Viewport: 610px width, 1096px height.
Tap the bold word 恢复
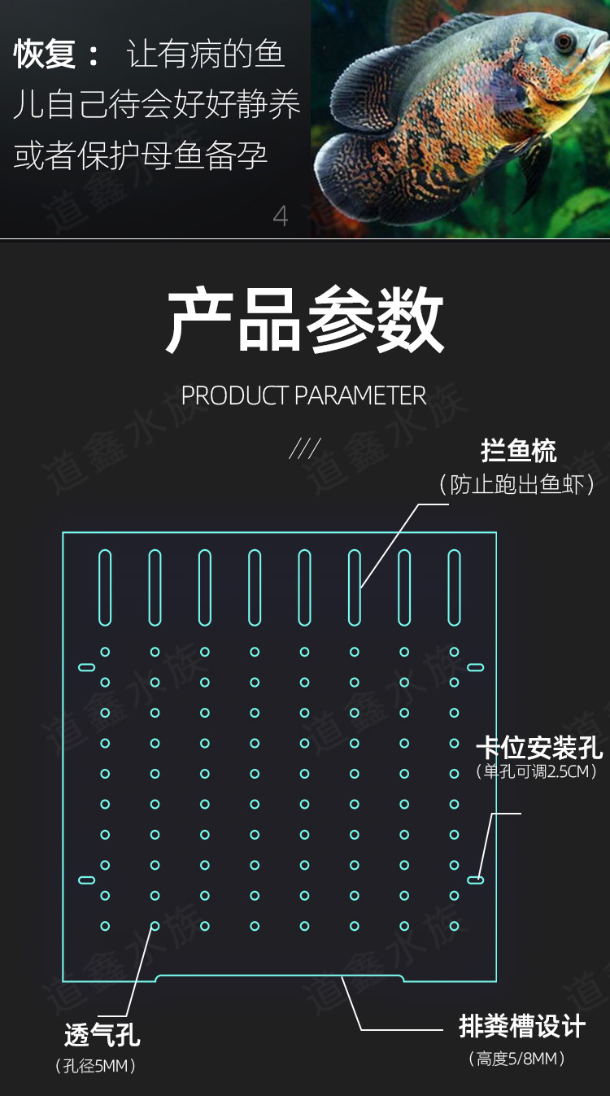(x=46, y=55)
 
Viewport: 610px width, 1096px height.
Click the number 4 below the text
(x=281, y=216)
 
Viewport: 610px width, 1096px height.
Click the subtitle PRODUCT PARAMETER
(x=303, y=396)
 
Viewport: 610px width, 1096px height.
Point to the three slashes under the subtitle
(x=304, y=448)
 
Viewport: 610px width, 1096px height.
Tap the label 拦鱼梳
(x=518, y=451)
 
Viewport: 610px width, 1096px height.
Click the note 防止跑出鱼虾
(x=516, y=485)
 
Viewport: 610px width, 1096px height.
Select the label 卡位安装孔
(x=538, y=747)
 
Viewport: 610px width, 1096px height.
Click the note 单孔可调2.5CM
(x=538, y=771)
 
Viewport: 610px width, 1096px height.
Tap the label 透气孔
(x=102, y=1035)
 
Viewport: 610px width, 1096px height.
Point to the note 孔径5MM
(x=95, y=1065)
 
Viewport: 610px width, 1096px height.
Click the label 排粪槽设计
(x=521, y=1027)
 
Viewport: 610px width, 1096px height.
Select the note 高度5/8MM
(x=516, y=1059)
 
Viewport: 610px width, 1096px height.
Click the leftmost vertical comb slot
(x=105, y=587)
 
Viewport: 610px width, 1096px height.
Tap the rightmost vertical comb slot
(x=454, y=587)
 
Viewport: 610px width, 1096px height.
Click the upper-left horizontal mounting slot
(x=86, y=667)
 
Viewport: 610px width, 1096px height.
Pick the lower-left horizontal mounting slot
(x=86, y=880)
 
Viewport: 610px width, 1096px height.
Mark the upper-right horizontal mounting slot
(x=475, y=667)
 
